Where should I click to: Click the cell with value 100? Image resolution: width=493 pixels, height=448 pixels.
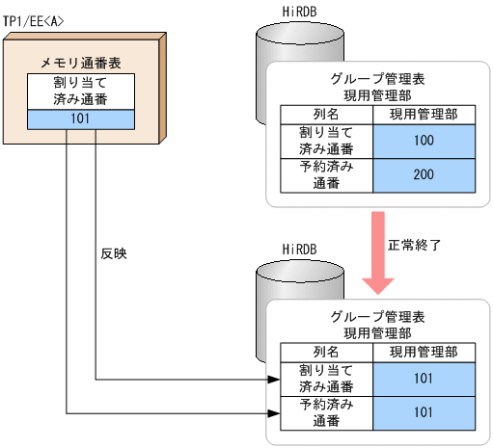click(x=423, y=141)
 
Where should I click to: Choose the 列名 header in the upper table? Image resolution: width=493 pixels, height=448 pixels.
click(x=325, y=115)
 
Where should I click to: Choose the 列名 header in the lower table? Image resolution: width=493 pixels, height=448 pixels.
click(x=325, y=354)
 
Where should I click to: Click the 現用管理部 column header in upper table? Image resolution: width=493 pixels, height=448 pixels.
click(x=423, y=115)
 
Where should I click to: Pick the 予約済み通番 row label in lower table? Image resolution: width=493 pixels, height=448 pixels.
click(x=325, y=413)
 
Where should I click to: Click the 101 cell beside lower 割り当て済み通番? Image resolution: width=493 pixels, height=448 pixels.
click(x=423, y=380)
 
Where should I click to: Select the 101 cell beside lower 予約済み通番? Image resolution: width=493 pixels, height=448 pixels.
click(x=423, y=413)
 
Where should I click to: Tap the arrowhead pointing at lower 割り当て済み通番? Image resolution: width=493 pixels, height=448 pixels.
click(x=271, y=379)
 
